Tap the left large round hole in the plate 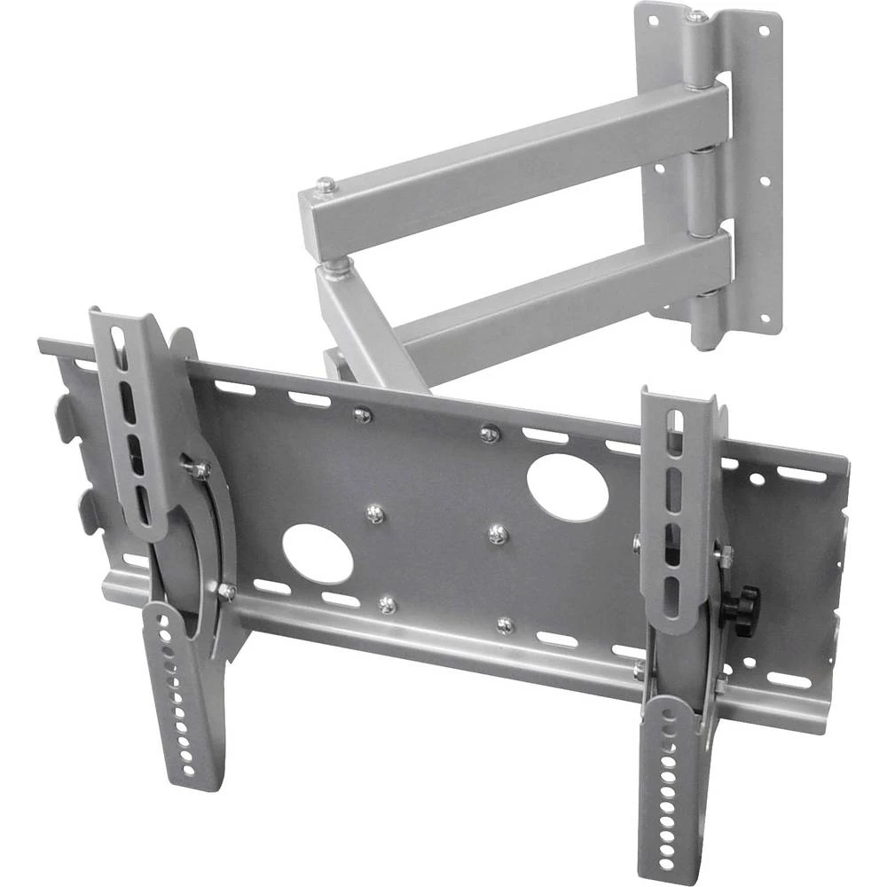coord(317,553)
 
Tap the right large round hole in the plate coord(567,487)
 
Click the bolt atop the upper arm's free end coord(327,186)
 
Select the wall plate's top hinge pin coord(697,15)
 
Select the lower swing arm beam coord(550,302)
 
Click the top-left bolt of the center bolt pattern coord(361,414)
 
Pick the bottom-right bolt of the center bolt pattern coord(505,625)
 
